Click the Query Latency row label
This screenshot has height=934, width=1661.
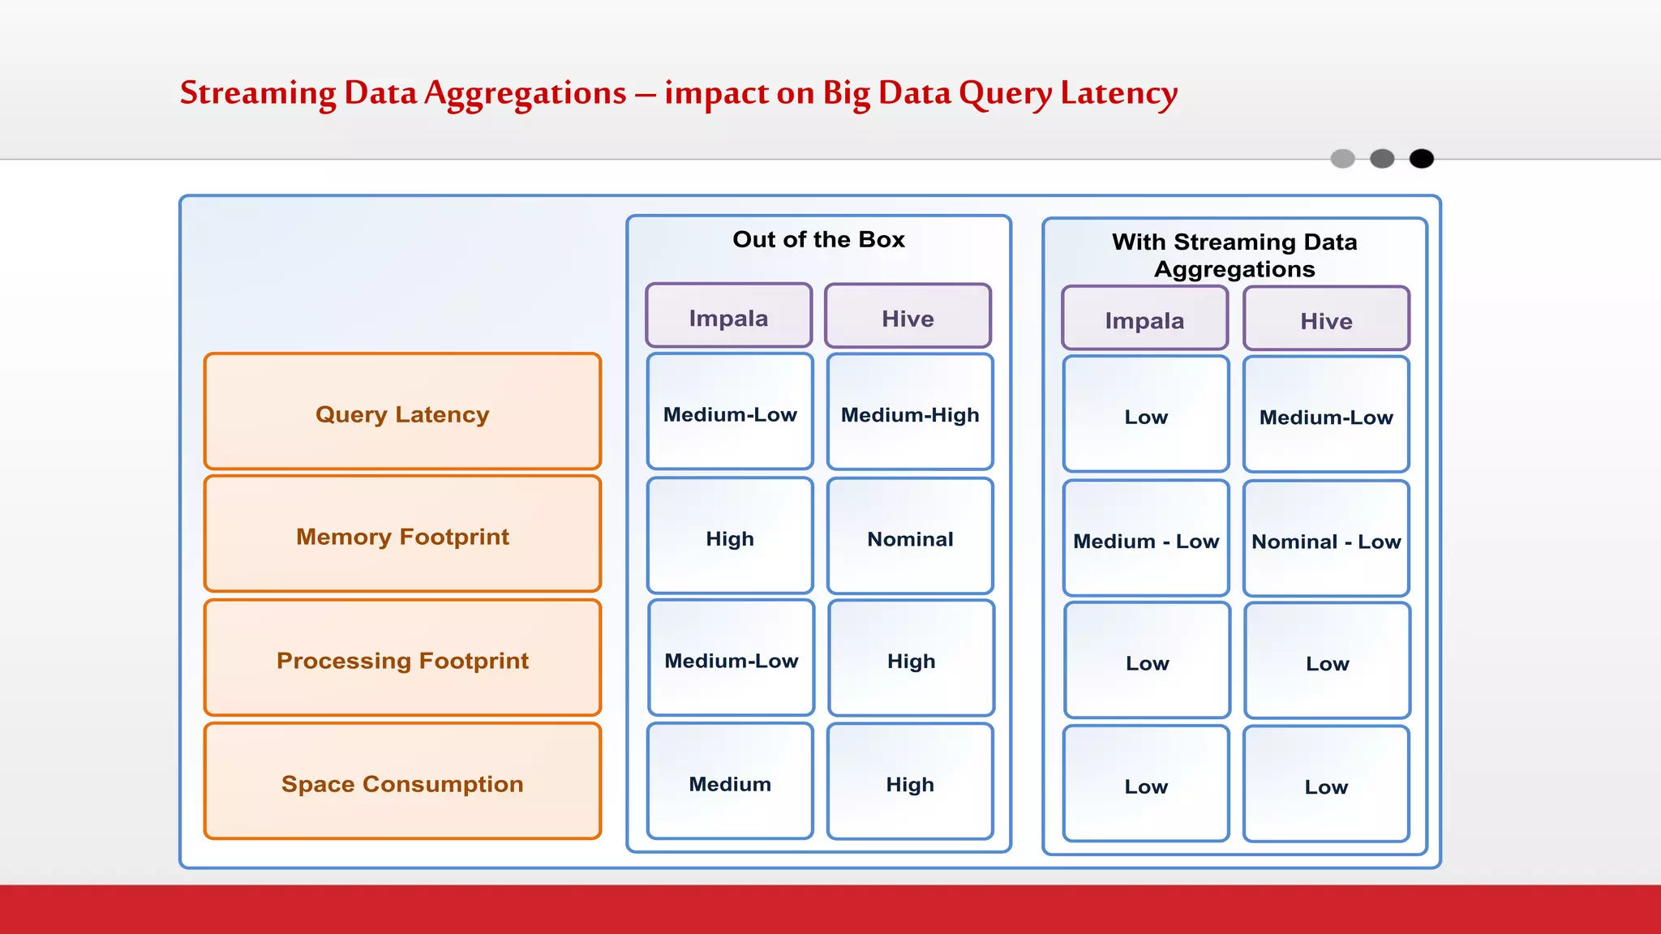coord(402,413)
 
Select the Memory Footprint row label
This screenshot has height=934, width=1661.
coord(402,536)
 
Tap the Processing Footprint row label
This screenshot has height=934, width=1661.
coord(402,660)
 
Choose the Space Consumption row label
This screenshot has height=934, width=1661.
coord(402,783)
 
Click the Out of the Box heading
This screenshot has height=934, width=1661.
coord(818,239)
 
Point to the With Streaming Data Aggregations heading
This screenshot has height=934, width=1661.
coord(1234,255)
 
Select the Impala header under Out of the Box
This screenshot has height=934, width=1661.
coord(728,317)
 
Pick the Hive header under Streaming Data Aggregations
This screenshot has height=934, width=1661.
coord(1326,320)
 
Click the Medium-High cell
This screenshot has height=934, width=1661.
coord(910,414)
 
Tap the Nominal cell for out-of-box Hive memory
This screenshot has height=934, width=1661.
coord(910,538)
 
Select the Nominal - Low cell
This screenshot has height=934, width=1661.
coord(1326,541)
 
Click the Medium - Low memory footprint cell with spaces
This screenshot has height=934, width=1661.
coord(1146,541)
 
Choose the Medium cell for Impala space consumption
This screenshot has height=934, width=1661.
coord(730,783)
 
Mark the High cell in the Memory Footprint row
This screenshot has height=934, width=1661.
coord(730,538)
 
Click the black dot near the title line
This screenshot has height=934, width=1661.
coord(1421,158)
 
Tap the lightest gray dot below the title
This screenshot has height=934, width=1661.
coord(1342,158)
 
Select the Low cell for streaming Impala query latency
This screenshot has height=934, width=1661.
coord(1146,417)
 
